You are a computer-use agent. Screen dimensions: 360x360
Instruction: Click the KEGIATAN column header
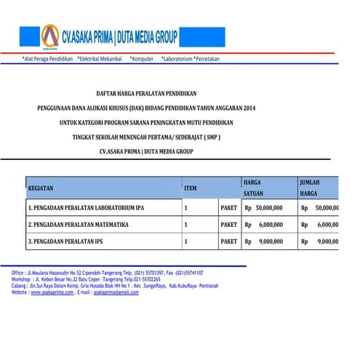tap(41, 188)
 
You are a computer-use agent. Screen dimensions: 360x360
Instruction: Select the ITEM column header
tap(191, 188)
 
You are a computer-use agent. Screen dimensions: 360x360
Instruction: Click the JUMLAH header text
tap(309, 181)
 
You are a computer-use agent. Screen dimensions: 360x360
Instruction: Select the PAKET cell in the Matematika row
tap(228, 225)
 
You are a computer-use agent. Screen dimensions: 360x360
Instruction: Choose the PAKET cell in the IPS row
tap(228, 241)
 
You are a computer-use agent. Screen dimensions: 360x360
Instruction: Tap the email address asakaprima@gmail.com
tap(111, 292)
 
